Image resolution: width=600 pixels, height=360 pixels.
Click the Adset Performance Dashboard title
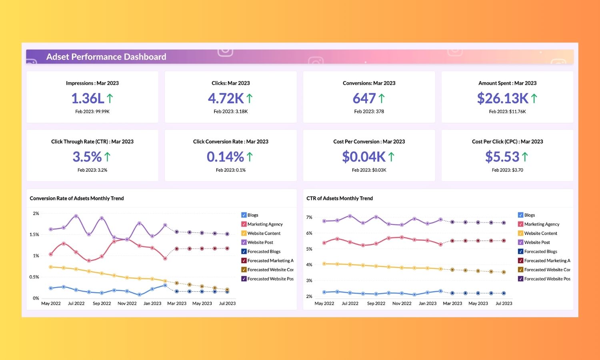pos(106,57)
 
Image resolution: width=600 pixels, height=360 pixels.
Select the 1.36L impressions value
pos(88,98)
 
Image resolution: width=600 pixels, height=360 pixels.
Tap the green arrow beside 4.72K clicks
pos(250,98)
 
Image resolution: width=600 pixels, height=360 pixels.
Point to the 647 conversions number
pos(364,98)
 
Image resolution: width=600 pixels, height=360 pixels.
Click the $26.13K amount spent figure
pos(503,98)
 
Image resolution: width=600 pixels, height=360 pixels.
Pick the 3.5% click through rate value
pos(87,157)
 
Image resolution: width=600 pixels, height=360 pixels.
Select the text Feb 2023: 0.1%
pos(231,170)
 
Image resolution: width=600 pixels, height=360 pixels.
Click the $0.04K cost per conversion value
pos(364,157)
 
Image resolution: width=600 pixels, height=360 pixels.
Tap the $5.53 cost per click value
pos(502,157)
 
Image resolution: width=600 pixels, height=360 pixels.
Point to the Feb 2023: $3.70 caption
pos(507,170)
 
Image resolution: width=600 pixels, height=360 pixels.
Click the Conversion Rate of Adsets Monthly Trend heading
pos(77,198)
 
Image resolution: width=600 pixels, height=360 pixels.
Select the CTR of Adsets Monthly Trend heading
pos(340,198)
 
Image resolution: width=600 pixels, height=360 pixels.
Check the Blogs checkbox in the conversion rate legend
pos(244,215)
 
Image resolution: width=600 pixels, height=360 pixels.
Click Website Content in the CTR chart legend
pos(540,234)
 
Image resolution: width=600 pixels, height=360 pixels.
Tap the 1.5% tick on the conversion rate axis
pos(34,235)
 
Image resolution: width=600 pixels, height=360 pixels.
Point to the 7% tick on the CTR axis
pos(309,218)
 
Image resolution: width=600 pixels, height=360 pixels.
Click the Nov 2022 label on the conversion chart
pos(127,304)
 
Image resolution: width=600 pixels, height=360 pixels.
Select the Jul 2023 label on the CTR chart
pos(504,304)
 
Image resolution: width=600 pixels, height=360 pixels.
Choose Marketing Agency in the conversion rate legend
pos(265,224)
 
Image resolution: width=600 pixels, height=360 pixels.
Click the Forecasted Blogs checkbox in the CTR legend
pos(520,252)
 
